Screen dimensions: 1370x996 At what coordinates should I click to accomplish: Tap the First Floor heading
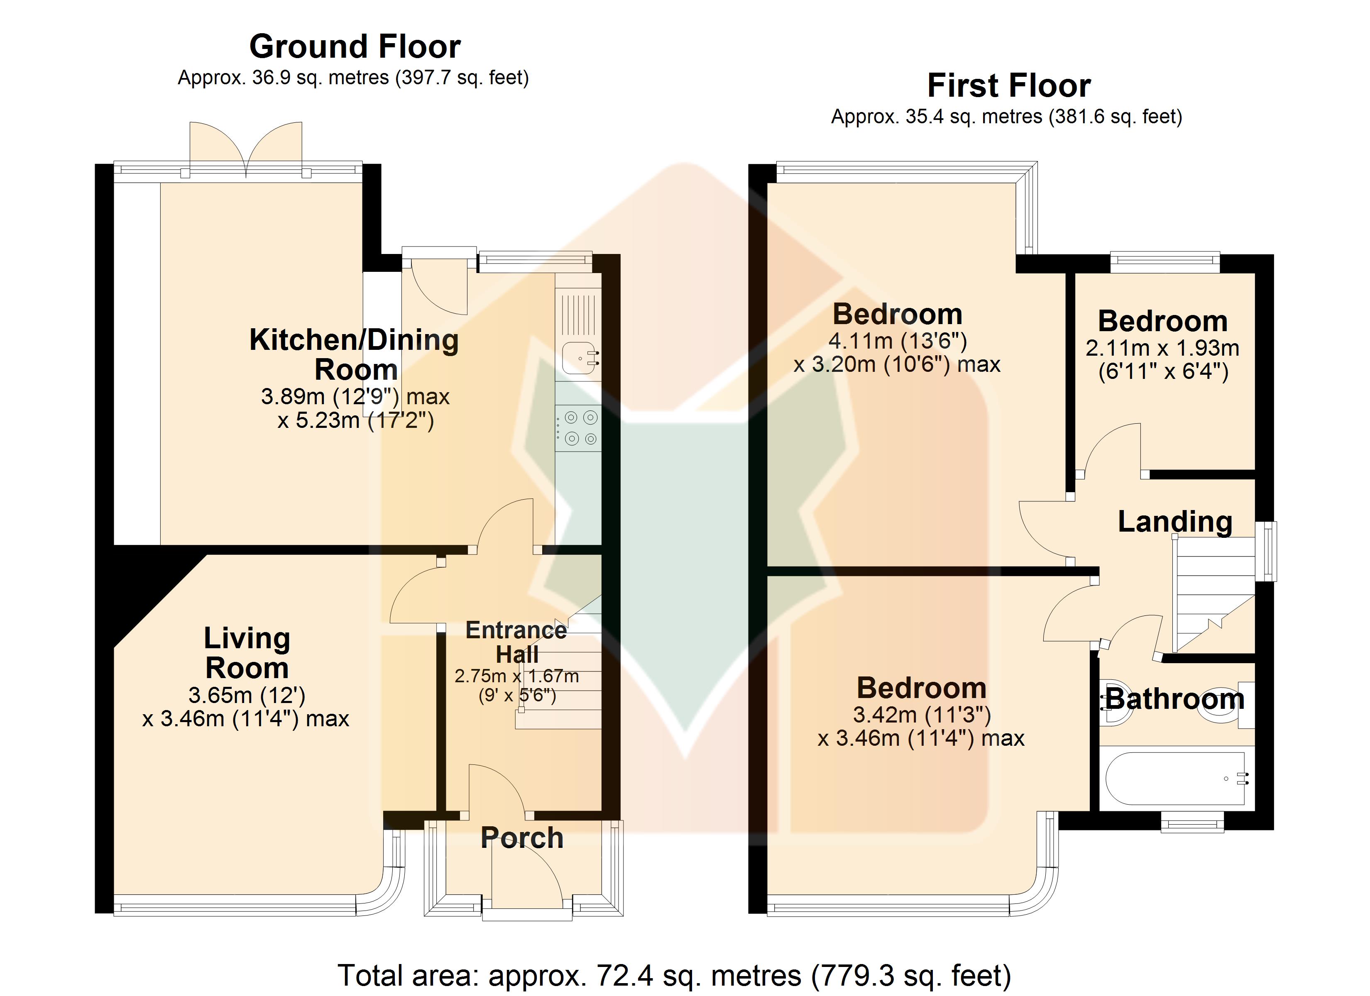[x=1009, y=86]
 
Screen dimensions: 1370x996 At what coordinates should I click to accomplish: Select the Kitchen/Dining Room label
[x=355, y=354]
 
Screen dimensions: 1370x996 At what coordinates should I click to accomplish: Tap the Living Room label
[x=247, y=653]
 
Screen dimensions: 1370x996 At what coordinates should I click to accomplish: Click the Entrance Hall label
[x=516, y=642]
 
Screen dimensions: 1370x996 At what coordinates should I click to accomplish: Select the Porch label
[x=522, y=838]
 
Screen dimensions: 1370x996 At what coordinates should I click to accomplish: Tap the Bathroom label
[x=1175, y=699]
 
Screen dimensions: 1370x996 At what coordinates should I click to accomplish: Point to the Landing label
[x=1175, y=521]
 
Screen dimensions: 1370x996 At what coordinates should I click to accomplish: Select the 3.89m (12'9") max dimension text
[x=355, y=397]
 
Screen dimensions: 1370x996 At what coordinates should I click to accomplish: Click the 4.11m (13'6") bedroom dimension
[x=898, y=341]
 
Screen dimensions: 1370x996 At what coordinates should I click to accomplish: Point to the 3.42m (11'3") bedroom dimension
[x=922, y=715]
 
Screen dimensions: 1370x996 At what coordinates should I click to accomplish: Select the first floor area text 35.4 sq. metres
[x=1006, y=117]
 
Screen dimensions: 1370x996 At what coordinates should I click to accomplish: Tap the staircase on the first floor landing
[x=1213, y=596]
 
